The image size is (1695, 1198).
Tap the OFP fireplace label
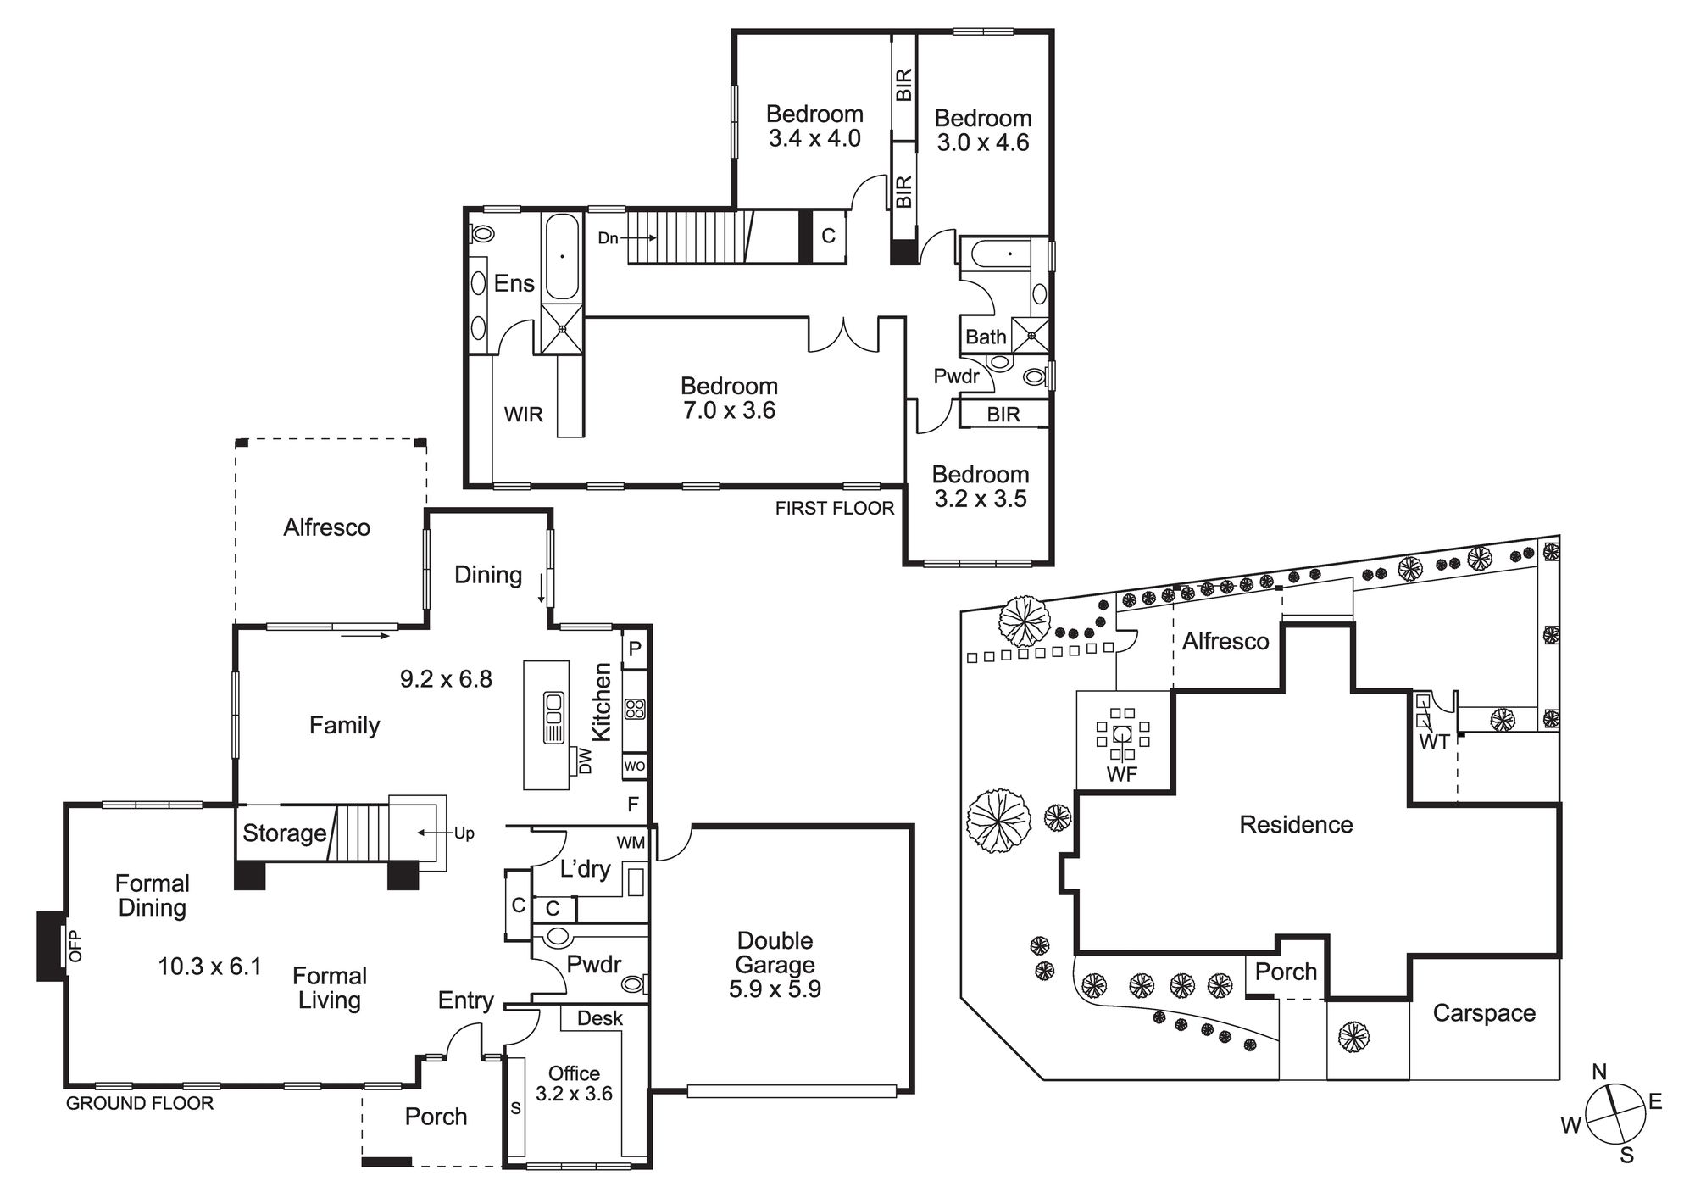(74, 945)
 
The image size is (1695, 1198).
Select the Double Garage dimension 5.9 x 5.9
(775, 989)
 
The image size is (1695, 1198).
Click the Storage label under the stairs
(285, 833)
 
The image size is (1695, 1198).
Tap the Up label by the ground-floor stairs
(464, 833)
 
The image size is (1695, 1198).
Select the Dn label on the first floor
(609, 238)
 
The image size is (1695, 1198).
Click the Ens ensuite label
(514, 283)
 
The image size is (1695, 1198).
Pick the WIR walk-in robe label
(524, 415)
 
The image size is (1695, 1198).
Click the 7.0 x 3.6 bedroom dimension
(729, 410)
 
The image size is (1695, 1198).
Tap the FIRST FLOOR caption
(835, 508)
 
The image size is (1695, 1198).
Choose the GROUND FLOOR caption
(140, 1103)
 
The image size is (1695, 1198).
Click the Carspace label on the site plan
(1484, 1013)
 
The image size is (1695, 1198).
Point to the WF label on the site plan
(1122, 773)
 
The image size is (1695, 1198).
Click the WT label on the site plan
(1434, 742)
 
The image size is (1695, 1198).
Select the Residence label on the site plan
(1296, 824)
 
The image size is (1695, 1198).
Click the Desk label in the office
(600, 1017)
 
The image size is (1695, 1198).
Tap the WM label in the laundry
(631, 843)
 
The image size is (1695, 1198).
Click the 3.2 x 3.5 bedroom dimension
(981, 499)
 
